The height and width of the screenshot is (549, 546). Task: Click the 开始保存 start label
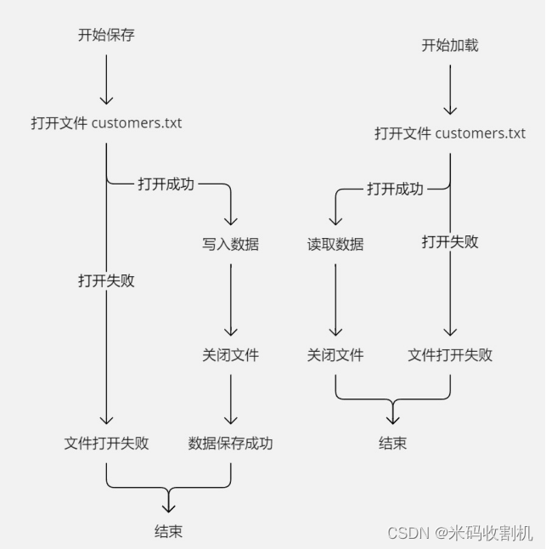tap(106, 35)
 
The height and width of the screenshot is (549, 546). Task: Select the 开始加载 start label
tap(450, 45)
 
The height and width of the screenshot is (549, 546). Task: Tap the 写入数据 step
tap(230, 244)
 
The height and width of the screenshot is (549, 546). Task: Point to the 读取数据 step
tap(335, 244)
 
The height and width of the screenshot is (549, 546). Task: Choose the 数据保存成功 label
tap(231, 443)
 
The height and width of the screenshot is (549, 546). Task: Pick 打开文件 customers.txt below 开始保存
tap(106, 123)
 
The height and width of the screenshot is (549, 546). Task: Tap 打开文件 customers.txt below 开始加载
tap(450, 133)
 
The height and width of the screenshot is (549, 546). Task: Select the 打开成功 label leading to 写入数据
tap(166, 184)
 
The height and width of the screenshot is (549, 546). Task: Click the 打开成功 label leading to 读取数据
tap(395, 189)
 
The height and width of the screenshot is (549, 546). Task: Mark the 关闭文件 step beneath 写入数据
tap(230, 354)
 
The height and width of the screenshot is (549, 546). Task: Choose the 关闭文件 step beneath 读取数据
tap(335, 354)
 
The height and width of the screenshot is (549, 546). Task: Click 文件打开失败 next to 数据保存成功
tap(106, 443)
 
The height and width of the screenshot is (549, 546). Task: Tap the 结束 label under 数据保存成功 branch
tap(168, 531)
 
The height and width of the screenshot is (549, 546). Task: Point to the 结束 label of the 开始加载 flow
tap(392, 443)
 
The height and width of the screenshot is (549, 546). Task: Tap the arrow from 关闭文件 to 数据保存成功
tap(230, 399)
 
